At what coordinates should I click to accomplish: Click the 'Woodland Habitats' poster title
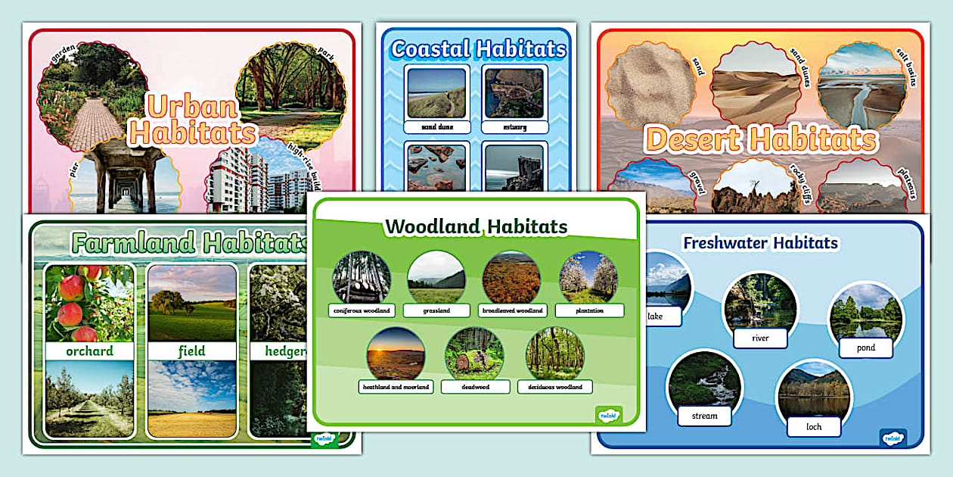(476, 226)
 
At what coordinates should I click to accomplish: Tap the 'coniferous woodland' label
(362, 310)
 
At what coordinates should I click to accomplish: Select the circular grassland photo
(436, 276)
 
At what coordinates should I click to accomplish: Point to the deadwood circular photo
(474, 353)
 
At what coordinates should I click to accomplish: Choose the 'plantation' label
(589, 310)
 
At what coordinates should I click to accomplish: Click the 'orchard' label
(89, 351)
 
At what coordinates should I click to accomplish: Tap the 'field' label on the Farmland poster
(192, 351)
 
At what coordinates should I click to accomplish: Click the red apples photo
(89, 303)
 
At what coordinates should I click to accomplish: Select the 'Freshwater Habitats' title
(760, 243)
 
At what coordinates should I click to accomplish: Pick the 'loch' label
(814, 426)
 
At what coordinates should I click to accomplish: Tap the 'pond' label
(866, 348)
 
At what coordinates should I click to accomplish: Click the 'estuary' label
(514, 127)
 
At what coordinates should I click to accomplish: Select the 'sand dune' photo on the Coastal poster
(436, 93)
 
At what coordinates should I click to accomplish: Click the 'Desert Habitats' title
(761, 140)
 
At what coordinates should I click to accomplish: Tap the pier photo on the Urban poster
(124, 178)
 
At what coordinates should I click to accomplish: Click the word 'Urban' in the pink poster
(192, 107)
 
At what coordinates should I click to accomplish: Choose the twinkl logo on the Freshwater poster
(892, 437)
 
